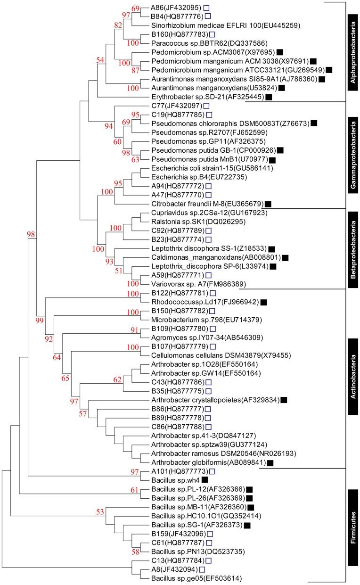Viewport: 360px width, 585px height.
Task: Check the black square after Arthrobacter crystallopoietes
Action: point(283,400)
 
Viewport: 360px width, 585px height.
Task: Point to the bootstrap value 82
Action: point(117,25)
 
